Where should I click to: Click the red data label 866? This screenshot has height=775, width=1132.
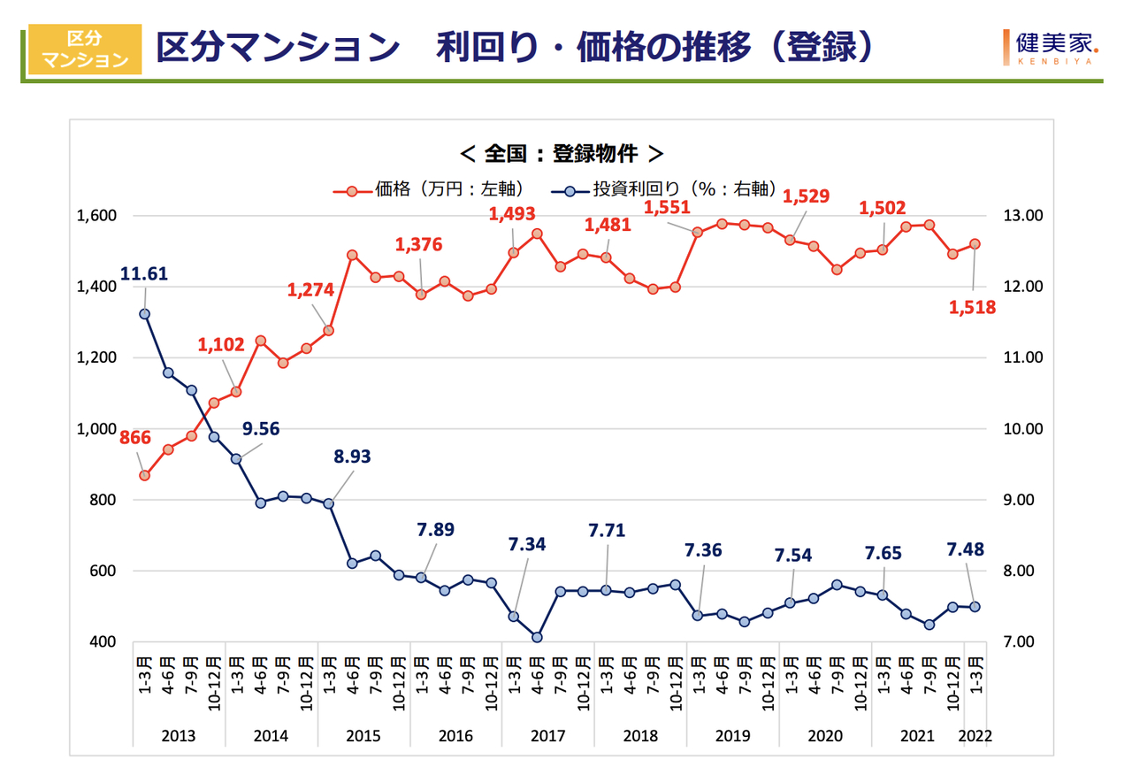pos(136,437)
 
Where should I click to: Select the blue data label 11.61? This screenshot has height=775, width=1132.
pos(144,275)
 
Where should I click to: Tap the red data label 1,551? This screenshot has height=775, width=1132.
pos(668,208)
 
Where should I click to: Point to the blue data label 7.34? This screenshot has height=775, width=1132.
pos(527,544)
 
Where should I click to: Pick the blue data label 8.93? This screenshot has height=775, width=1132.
pos(352,457)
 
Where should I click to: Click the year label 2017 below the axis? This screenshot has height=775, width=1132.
pos(547,736)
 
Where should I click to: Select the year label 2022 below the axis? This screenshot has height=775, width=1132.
pos(975,736)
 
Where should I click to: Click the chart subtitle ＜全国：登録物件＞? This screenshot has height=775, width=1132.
pos(562,153)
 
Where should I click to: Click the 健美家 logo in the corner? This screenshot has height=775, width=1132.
pos(1049,47)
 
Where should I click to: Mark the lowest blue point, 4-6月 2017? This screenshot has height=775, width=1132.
pos(537,637)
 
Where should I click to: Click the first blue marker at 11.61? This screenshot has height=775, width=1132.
pos(144,314)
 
